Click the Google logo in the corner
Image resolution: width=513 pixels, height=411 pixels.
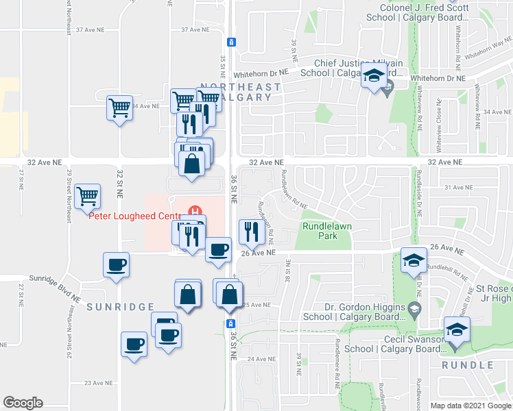point(23,403)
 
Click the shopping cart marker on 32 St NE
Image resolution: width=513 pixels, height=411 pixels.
point(119,108)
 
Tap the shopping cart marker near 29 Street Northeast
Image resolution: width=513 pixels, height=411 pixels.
point(88,197)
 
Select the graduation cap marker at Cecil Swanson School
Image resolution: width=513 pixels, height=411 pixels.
point(456,329)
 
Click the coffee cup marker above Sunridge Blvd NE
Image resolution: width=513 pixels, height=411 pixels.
point(115,264)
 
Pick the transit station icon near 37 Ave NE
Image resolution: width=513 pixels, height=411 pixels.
point(232,42)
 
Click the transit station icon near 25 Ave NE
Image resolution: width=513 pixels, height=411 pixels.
point(231,323)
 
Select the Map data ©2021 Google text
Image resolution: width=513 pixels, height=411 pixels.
point(470,406)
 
